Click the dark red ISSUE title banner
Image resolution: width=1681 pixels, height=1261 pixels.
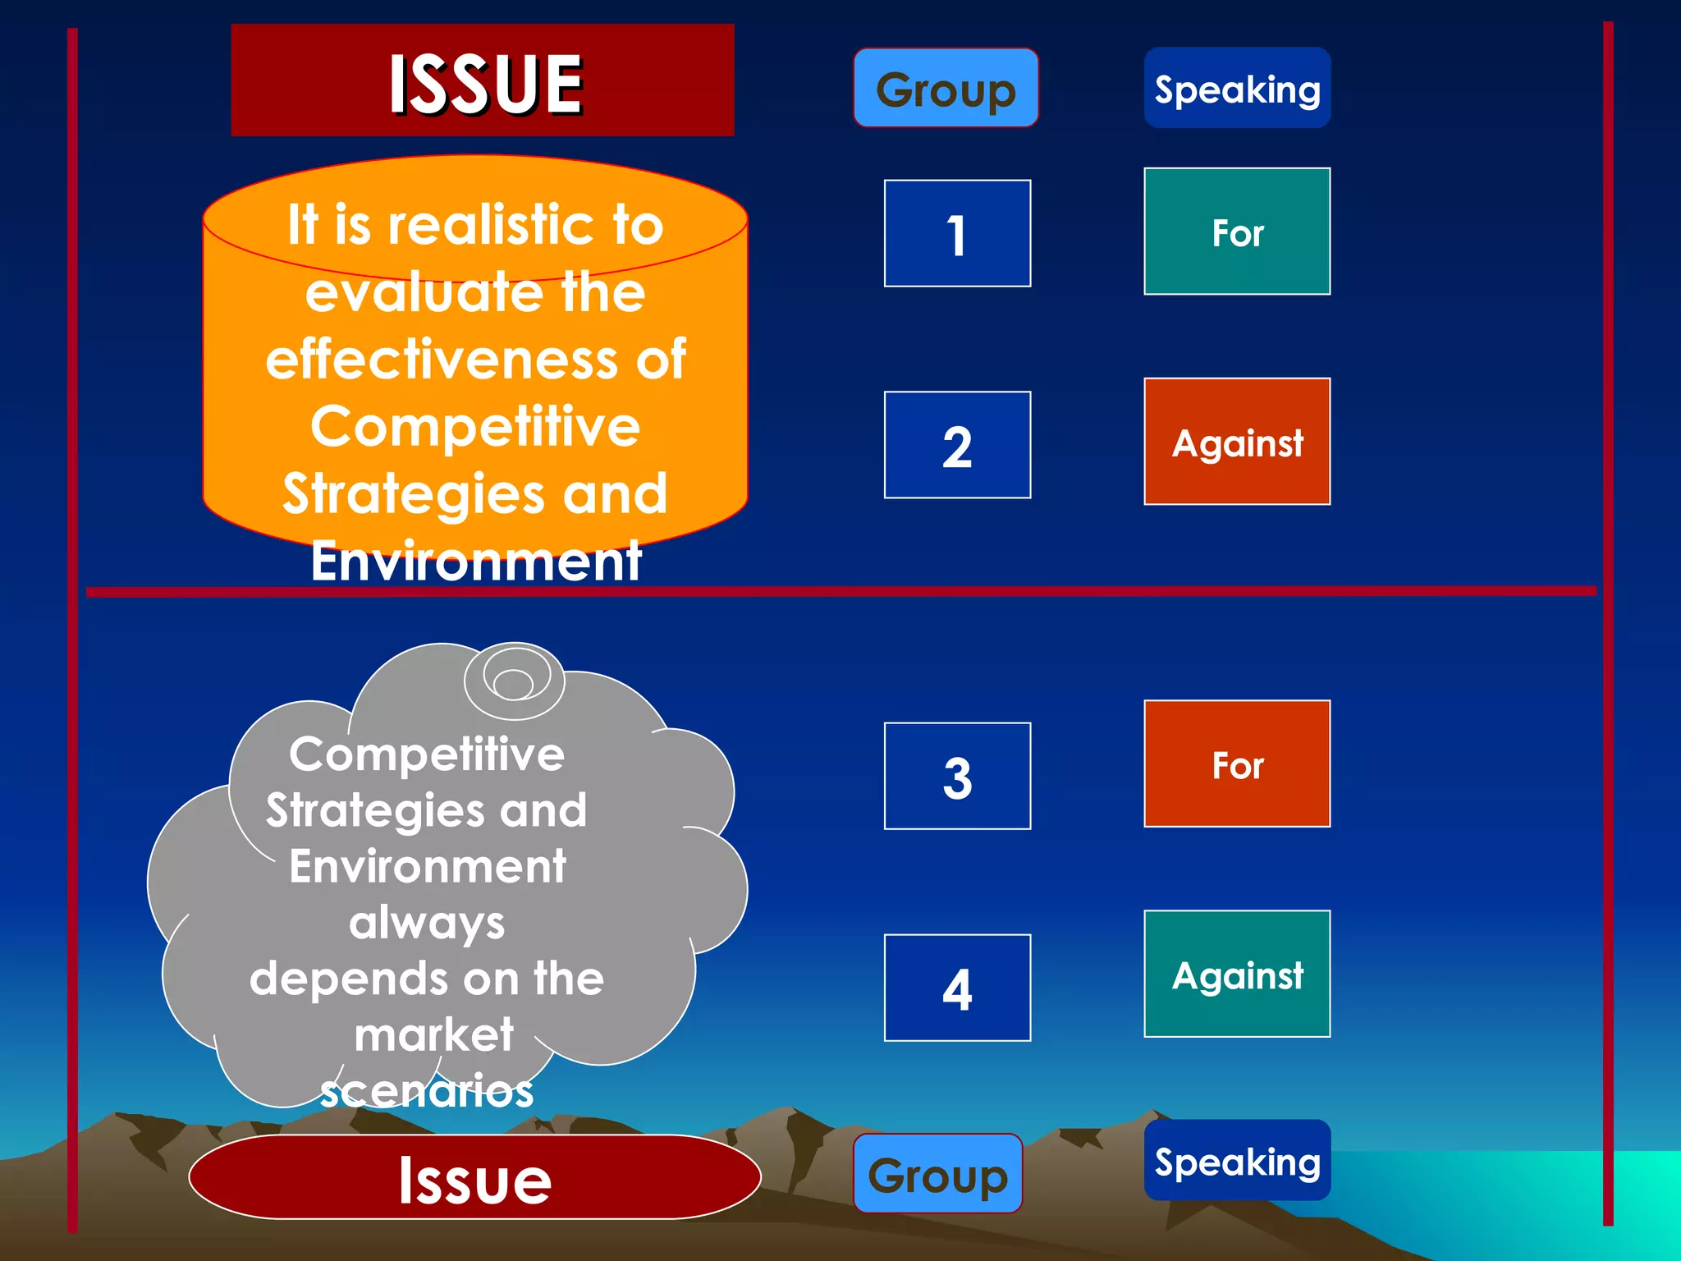483,80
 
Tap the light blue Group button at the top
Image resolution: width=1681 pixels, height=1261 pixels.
946,88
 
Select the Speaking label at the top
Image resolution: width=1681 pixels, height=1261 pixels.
1237,88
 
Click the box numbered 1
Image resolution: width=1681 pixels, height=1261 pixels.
957,234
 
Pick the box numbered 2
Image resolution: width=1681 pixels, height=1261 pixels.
957,445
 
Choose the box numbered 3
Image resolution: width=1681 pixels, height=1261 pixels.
957,777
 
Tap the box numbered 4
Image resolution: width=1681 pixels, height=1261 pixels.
957,988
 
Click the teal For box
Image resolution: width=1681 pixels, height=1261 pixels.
1237,232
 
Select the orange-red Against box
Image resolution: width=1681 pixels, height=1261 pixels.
1237,442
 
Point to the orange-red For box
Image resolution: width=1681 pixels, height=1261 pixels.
1237,764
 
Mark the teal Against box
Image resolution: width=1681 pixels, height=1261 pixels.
1237,974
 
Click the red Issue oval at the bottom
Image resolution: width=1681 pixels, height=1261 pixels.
474,1177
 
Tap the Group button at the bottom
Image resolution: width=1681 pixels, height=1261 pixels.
937,1174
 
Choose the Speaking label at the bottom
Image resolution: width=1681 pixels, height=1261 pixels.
1237,1161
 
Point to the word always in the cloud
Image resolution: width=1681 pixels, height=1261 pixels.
427,923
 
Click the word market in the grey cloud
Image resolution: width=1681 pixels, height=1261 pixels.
433,1034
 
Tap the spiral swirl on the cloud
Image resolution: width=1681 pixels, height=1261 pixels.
515,680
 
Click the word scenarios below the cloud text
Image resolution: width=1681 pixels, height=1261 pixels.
427,1092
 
